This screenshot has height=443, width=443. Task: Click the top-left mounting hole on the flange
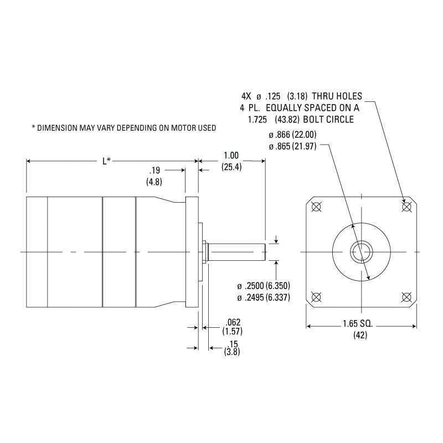[x=317, y=207]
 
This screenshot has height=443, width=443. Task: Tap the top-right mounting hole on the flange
[x=406, y=207]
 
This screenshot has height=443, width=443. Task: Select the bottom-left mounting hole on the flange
[x=317, y=297]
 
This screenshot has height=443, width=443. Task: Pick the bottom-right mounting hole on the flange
[x=406, y=297]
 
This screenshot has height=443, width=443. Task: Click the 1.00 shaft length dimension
[x=231, y=156]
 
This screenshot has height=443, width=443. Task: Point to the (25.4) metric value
[x=231, y=167]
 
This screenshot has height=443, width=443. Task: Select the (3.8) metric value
[x=231, y=352]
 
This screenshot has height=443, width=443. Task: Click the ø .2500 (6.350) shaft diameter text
[x=264, y=286]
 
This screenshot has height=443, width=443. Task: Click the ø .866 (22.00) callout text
[x=292, y=134]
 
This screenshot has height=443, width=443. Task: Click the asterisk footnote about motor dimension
[x=123, y=128]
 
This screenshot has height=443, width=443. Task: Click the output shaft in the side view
[x=238, y=252]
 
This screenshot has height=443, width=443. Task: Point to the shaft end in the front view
[x=362, y=252]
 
